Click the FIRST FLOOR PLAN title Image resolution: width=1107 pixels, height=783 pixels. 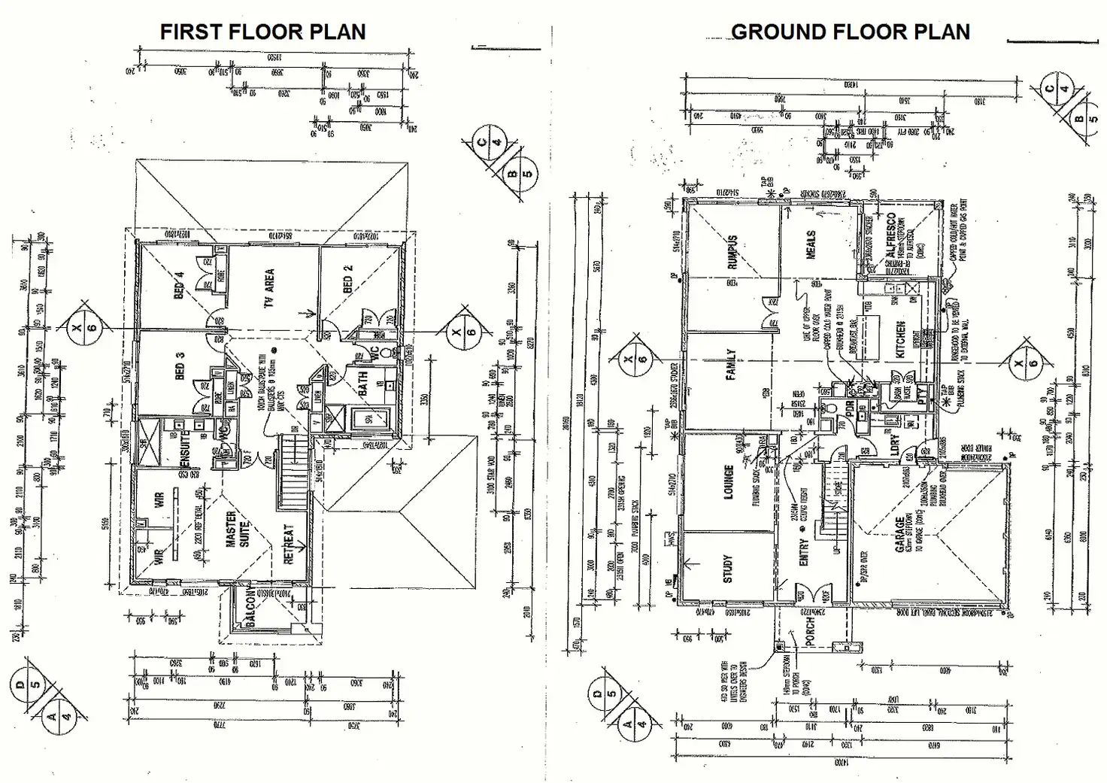coord(262,32)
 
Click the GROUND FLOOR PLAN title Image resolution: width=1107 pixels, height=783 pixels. coord(850,32)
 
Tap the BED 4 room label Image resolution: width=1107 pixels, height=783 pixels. coord(179,285)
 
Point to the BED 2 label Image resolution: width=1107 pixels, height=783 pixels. coord(347,279)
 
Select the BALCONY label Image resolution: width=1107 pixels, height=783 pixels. coord(250,610)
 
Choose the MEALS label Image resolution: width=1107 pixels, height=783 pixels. coord(811,245)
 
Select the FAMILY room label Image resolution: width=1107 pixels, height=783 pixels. coord(730,365)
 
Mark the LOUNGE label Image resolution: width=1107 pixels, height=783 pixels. coord(728,482)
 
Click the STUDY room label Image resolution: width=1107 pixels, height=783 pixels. coord(727,569)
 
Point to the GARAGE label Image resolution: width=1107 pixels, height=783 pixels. coord(900,535)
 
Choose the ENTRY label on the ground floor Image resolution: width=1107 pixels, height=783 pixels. coord(804,553)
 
